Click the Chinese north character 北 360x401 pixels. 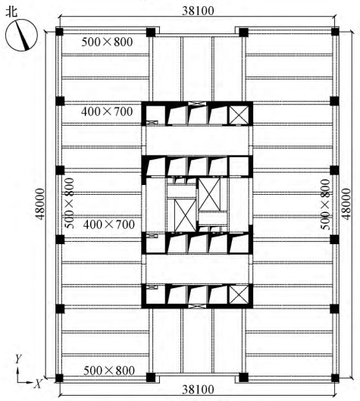(x=11, y=12)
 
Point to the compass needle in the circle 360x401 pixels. (x=22, y=36)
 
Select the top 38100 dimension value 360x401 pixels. (x=198, y=11)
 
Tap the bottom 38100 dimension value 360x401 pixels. (x=198, y=390)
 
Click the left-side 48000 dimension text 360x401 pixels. (x=40, y=204)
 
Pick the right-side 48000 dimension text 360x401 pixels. (x=346, y=204)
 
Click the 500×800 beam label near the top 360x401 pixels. (x=107, y=42)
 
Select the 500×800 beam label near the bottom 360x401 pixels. (x=109, y=371)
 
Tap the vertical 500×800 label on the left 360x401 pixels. (x=69, y=203)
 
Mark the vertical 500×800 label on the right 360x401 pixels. (x=325, y=205)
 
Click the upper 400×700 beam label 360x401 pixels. (x=107, y=111)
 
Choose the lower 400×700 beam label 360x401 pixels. (x=109, y=224)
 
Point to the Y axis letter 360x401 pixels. (x=18, y=359)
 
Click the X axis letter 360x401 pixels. (x=38, y=384)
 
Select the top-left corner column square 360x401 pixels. (x=60, y=33)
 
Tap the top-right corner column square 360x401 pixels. (x=335, y=33)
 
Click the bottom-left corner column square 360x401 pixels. (x=60, y=378)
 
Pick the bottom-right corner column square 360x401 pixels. (x=335, y=378)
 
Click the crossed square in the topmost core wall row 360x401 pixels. (x=239, y=114)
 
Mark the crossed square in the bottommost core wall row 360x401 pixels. (x=239, y=295)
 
